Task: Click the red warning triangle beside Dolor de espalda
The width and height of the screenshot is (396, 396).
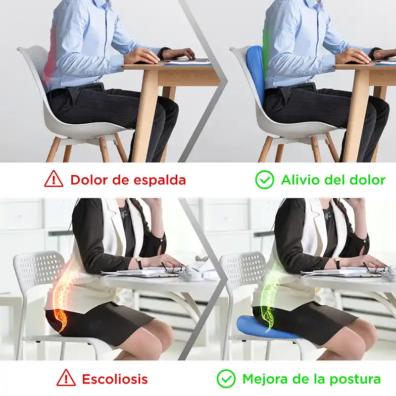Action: pyautogui.click(x=53, y=179)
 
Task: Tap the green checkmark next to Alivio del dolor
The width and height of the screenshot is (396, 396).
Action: pyautogui.click(x=265, y=179)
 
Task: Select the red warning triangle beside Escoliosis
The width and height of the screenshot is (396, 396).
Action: pyautogui.click(x=66, y=379)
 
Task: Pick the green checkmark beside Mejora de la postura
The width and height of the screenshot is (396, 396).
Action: pyautogui.click(x=226, y=379)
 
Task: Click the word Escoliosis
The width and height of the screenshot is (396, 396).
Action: pyautogui.click(x=115, y=379)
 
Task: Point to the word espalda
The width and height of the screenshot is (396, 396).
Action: pyautogui.click(x=159, y=180)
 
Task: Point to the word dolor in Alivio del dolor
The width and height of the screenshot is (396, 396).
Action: pyautogui.click(x=367, y=179)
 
